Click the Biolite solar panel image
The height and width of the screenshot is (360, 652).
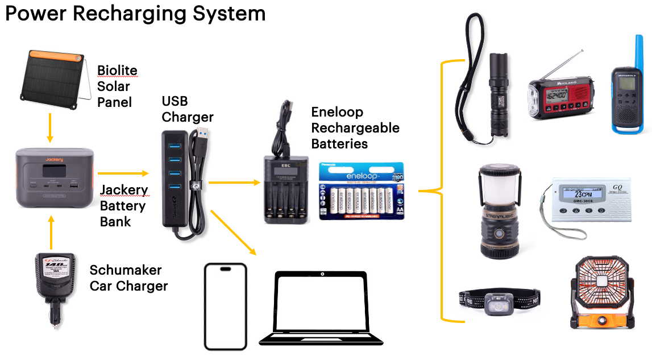pyautogui.click(x=55, y=80)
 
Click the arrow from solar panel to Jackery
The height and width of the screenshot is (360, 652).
pyautogui.click(x=50, y=128)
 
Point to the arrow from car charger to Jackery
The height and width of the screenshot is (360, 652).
pyautogui.click(x=52, y=233)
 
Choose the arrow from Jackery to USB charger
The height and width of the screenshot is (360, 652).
pyautogui.click(x=123, y=173)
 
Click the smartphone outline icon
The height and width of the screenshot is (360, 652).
pyautogui.click(x=226, y=306)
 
